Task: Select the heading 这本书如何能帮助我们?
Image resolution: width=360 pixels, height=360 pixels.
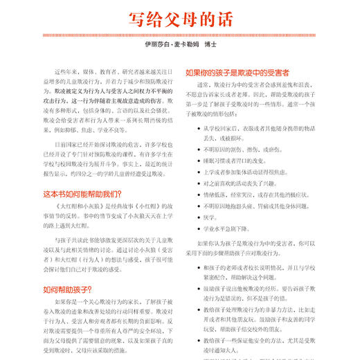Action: (x=82, y=195)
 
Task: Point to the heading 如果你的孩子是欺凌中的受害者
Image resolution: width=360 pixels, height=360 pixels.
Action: (x=237, y=71)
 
